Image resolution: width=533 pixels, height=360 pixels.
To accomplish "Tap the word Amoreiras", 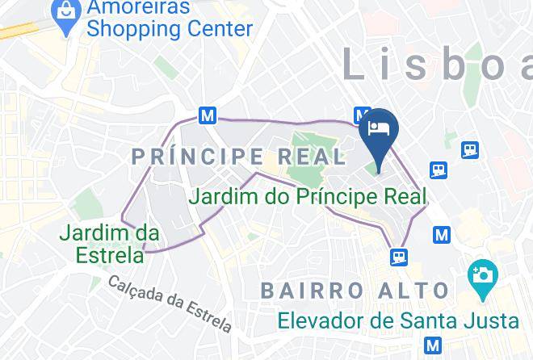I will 139,8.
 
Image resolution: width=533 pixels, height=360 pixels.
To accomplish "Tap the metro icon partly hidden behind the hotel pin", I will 362,115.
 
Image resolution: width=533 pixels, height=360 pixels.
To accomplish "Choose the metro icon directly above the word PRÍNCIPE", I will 208,115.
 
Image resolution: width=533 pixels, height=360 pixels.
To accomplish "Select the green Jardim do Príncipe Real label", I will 307,196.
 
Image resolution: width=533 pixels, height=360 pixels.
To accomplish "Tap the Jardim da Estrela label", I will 109,244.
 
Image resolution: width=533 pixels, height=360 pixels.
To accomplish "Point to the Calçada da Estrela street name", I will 170,303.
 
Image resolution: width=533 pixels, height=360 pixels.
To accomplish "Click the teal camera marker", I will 482,274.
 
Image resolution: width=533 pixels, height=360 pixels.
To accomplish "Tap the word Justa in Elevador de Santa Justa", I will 489,320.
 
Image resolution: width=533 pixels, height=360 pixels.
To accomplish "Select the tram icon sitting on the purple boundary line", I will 398,257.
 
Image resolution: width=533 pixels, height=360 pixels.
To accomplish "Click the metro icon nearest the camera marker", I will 441,235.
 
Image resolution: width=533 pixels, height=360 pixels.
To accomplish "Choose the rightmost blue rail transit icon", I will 470,149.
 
